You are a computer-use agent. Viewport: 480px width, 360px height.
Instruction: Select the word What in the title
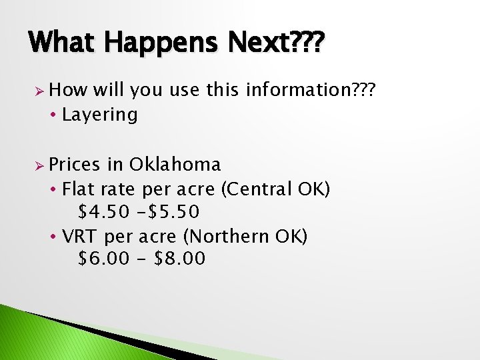click(x=65, y=45)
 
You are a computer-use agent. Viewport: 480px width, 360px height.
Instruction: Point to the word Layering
click(x=99, y=115)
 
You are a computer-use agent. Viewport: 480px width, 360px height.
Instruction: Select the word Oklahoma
click(x=175, y=164)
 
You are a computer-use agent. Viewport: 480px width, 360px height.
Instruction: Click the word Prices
click(x=74, y=164)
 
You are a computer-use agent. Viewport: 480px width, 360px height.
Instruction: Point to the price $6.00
click(x=105, y=259)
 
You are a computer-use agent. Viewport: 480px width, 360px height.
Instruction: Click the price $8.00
click(x=180, y=259)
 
